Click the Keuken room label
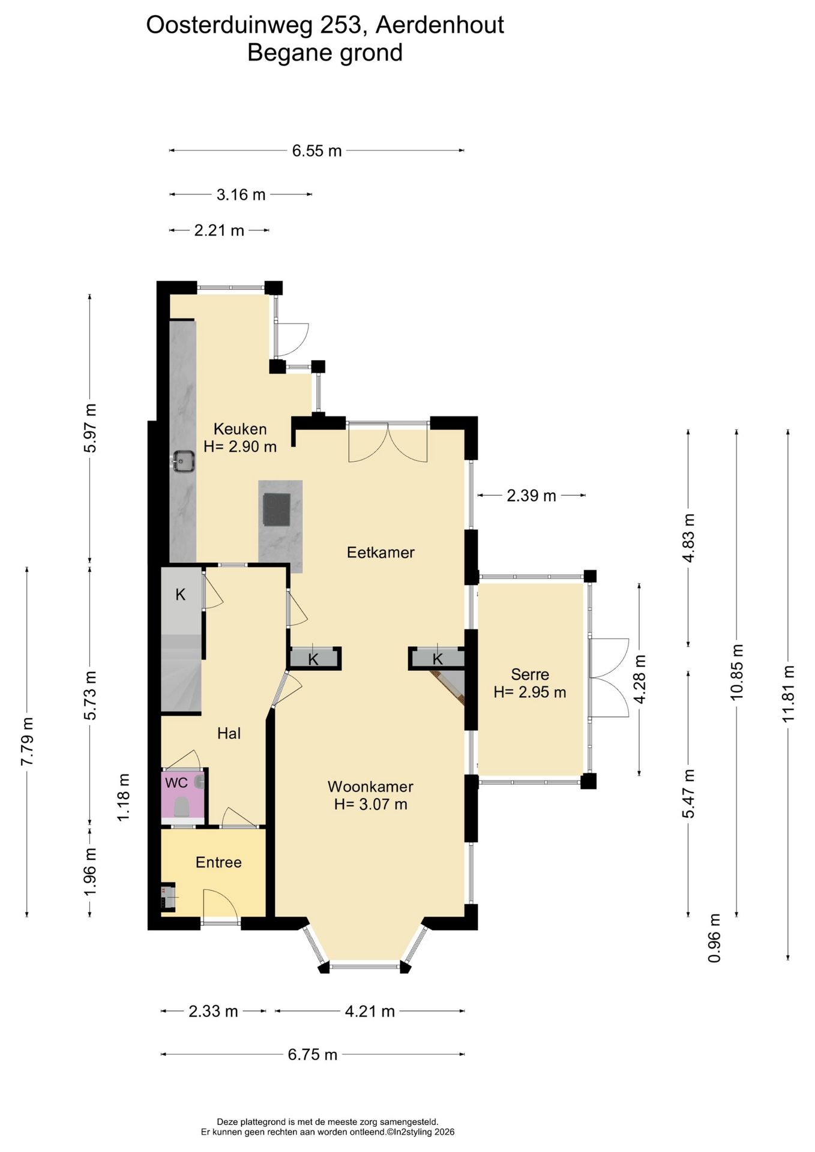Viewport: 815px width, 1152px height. (x=240, y=429)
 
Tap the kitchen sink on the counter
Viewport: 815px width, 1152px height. (x=182, y=462)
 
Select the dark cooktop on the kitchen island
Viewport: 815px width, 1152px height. (x=277, y=509)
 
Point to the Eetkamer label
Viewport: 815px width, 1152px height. (x=380, y=553)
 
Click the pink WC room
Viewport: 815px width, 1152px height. (x=184, y=796)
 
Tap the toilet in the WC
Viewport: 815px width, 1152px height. (x=182, y=807)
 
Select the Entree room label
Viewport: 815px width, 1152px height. (x=218, y=863)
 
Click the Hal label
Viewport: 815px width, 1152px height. (x=229, y=733)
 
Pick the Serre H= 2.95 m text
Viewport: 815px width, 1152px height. (x=530, y=683)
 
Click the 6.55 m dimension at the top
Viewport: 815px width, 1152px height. (x=317, y=151)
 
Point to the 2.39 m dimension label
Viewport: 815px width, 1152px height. (x=532, y=496)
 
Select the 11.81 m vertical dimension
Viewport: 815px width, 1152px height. (x=788, y=695)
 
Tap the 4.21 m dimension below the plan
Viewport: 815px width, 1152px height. (x=370, y=1011)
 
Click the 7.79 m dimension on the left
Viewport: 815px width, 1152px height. (x=27, y=742)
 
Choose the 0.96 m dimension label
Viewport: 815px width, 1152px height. (x=714, y=938)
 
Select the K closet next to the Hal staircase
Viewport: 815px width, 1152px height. (x=181, y=595)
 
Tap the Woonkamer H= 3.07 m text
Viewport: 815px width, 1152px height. (x=370, y=796)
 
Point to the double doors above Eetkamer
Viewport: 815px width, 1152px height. (x=388, y=443)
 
